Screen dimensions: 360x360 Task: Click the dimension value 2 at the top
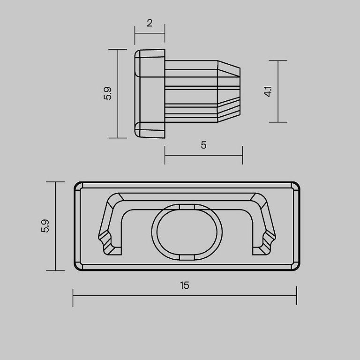pyautogui.click(x=150, y=23)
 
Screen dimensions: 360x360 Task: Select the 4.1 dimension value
pyautogui.click(x=268, y=91)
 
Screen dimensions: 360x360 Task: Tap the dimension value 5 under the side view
pyautogui.click(x=203, y=145)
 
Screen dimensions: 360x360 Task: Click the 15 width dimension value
pyautogui.click(x=185, y=285)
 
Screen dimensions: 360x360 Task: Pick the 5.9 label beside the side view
pyautogui.click(x=107, y=93)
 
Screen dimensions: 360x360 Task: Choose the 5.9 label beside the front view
pyautogui.click(x=45, y=226)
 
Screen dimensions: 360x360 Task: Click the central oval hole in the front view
pyautogui.click(x=187, y=232)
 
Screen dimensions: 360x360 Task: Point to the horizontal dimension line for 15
pyautogui.click(x=185, y=295)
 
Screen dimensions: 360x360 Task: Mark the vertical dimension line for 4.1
pyautogui.click(x=278, y=91)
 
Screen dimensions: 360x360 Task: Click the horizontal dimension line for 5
pyautogui.click(x=203, y=155)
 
